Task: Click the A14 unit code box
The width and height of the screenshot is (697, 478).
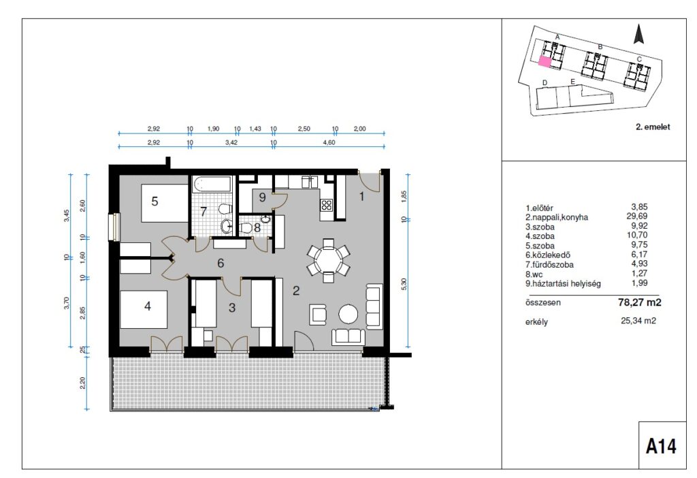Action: coord(662,445)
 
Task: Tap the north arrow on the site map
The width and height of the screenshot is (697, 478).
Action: coord(638,34)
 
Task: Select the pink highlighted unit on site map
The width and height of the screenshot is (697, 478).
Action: coord(545,62)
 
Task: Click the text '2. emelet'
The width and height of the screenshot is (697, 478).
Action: coord(653,127)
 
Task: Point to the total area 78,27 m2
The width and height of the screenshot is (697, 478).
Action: coord(639,303)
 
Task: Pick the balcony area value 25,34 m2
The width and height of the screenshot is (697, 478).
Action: coord(638,321)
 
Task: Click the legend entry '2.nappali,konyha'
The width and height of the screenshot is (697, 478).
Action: coord(557,217)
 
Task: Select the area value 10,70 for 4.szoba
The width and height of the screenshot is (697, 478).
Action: coord(638,235)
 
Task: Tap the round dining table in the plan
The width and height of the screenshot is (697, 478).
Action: coord(328,259)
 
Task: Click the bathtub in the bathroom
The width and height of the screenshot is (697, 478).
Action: coord(212,185)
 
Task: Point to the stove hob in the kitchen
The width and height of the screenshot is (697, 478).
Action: coord(327,205)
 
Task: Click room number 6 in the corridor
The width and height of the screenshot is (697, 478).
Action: coord(221,264)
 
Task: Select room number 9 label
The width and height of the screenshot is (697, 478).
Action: coord(262,197)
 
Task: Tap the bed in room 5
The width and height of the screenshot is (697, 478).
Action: coord(165,203)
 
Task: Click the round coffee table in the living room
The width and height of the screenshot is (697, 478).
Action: coord(348,314)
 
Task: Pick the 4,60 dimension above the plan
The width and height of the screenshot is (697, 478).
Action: coord(329,142)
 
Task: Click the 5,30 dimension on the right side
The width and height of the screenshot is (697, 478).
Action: coord(404,285)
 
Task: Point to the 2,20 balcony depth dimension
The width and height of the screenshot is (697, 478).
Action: coord(83,383)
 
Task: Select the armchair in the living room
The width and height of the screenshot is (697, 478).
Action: coord(319,314)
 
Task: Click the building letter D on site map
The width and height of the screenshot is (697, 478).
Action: coord(545,82)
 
